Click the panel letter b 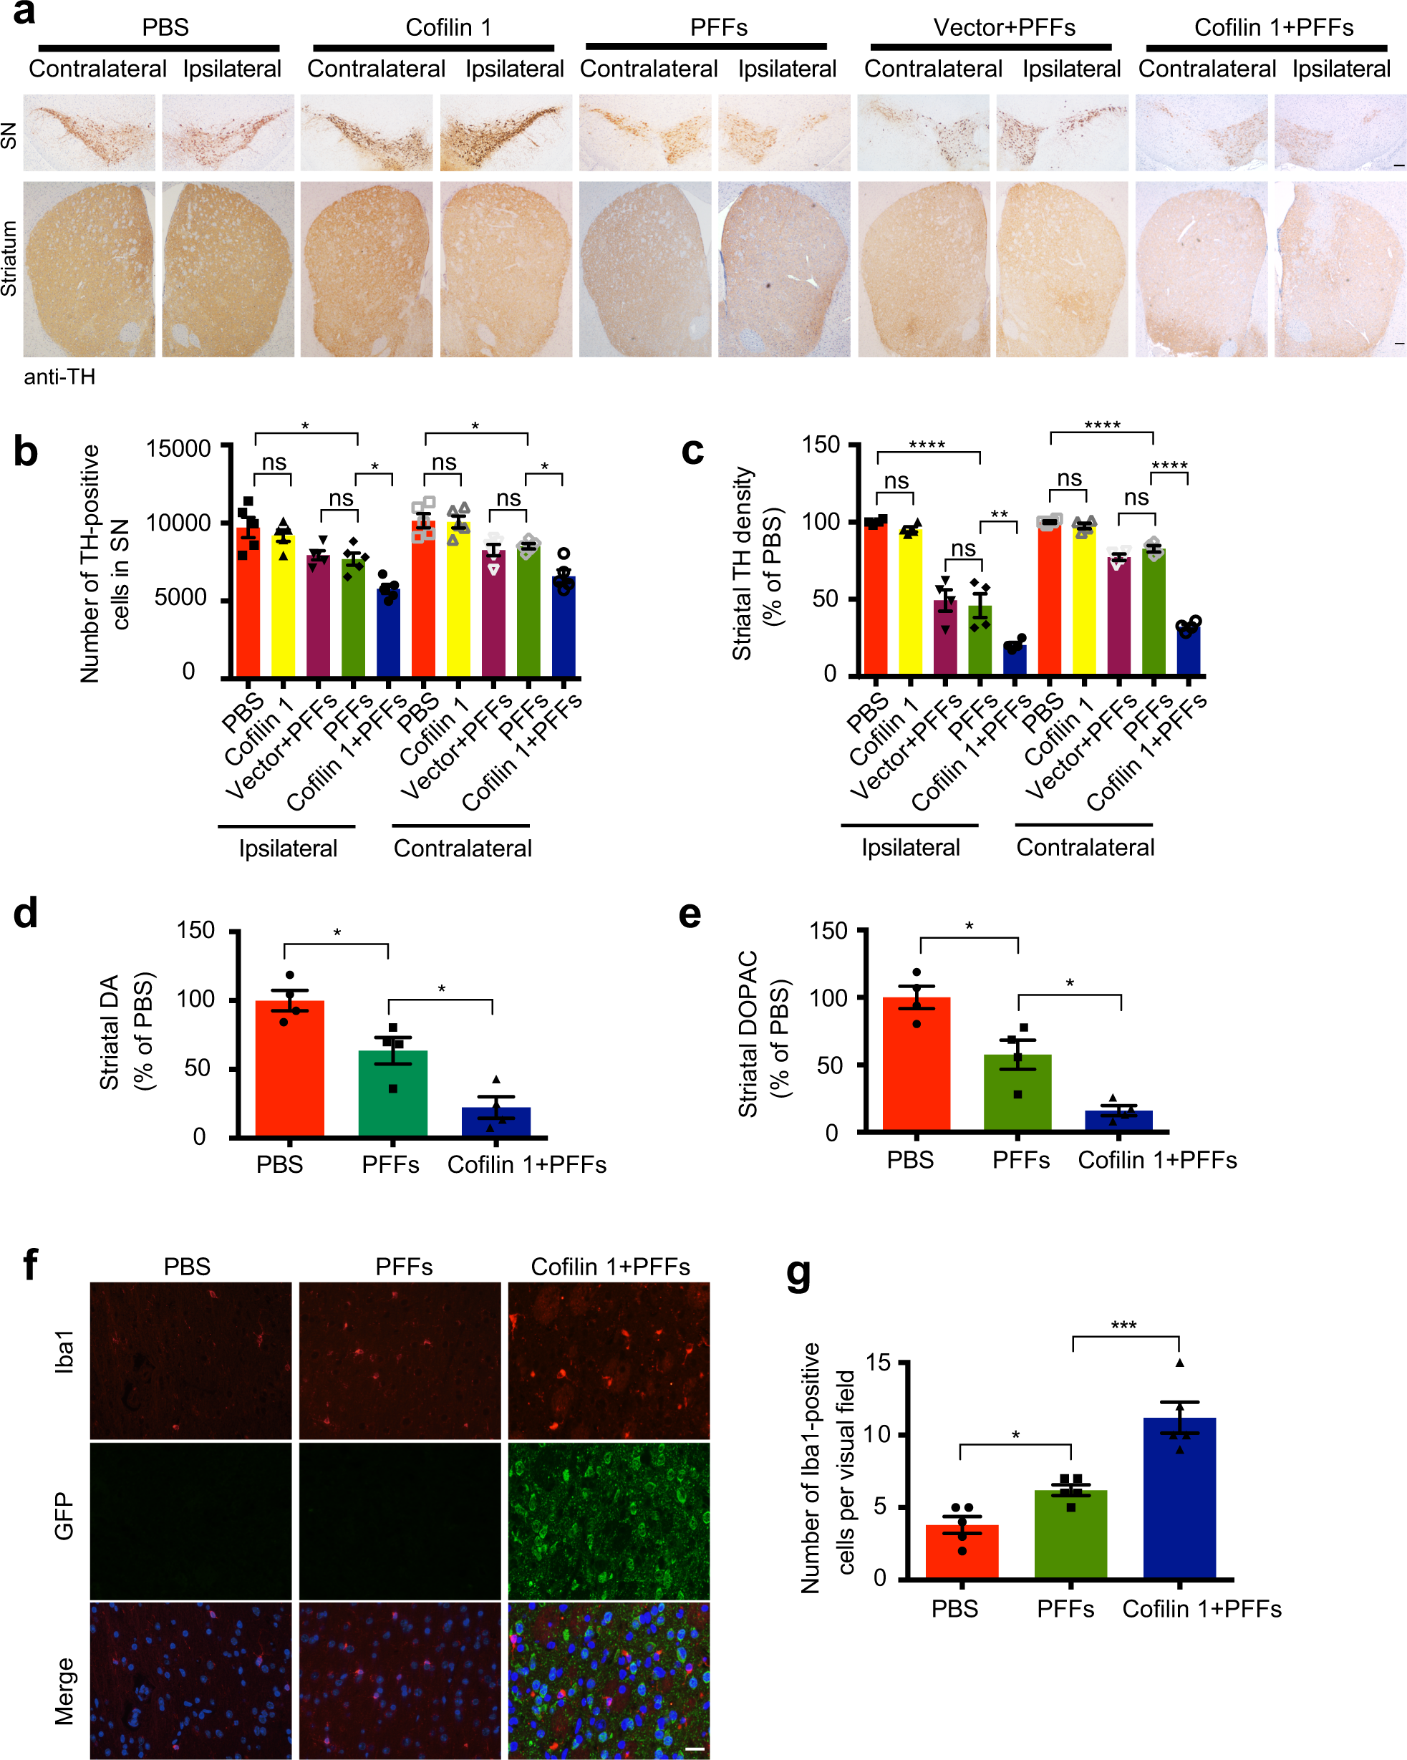click(26, 451)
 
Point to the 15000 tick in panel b click(178, 448)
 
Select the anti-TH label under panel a click(59, 377)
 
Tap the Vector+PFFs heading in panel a click(1004, 28)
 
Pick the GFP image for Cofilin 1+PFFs click(609, 1521)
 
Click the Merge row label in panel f click(64, 1690)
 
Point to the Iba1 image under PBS click(190, 1360)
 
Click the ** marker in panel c click(999, 514)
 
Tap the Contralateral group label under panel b click(462, 848)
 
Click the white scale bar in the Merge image click(695, 1749)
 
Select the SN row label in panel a click(9, 135)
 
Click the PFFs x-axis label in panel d click(390, 1164)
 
